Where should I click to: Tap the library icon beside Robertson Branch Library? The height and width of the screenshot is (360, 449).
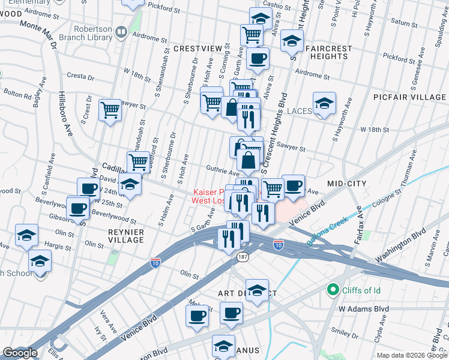(x=121, y=31)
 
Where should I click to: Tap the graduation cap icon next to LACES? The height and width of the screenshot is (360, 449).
(x=324, y=103)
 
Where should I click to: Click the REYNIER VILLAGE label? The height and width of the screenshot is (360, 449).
(x=125, y=235)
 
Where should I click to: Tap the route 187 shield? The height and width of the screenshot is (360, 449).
(x=243, y=257)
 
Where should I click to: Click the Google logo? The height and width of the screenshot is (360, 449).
(x=20, y=353)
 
